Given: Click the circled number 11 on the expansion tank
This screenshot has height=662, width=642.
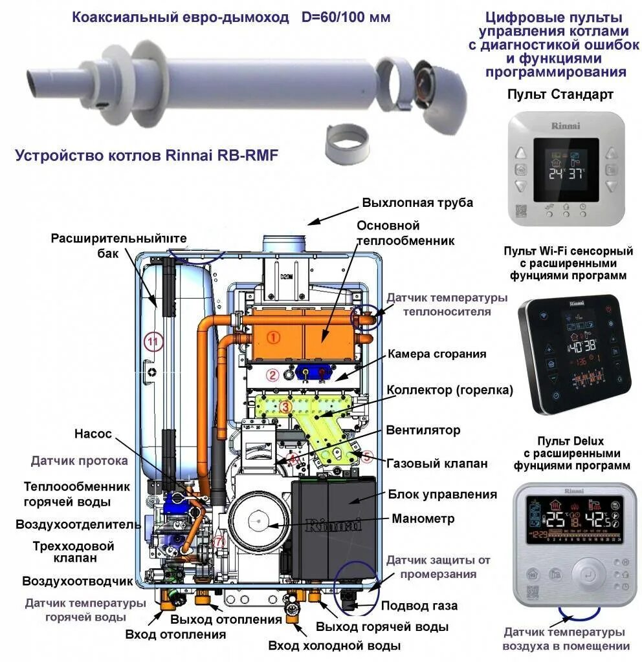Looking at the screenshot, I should coord(153,342).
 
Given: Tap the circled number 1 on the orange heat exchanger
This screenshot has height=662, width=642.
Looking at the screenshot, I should coord(274,337).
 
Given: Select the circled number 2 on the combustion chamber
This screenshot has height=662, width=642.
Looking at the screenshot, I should coord(272,374).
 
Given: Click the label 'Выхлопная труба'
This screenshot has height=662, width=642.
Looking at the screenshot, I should coord(417,202).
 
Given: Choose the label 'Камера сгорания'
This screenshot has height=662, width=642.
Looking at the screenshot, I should coord(437,354).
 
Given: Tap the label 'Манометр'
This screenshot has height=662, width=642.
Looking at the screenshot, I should coord(423,518).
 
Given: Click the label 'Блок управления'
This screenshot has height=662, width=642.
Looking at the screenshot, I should coord(443,495).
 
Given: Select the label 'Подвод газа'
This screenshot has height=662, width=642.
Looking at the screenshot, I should coord(419,606).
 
